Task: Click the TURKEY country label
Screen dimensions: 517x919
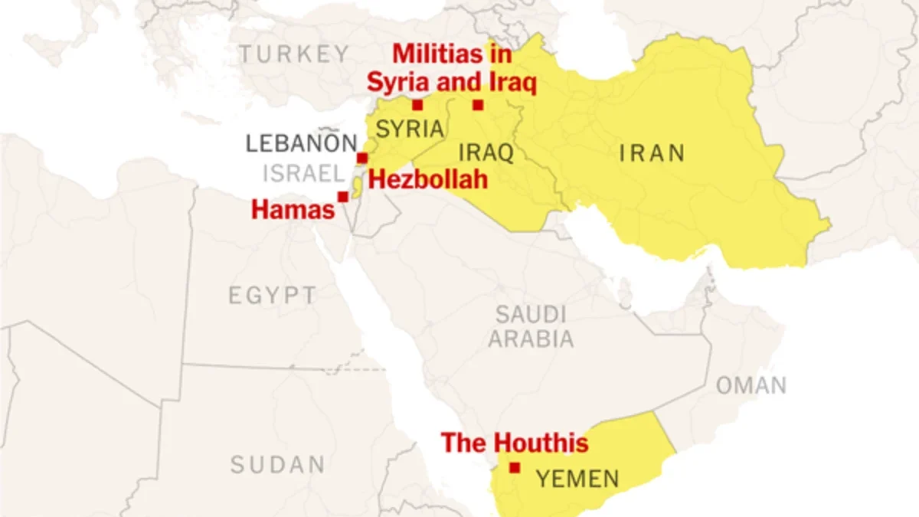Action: (x=293, y=54)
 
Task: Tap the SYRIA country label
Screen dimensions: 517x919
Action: (x=410, y=129)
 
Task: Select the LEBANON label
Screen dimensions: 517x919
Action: (x=301, y=143)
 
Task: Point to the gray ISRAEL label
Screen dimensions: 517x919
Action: (x=303, y=174)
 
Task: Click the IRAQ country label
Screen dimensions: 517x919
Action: (x=486, y=152)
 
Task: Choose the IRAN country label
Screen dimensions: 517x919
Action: (x=652, y=153)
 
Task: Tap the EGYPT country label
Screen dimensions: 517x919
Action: (x=272, y=296)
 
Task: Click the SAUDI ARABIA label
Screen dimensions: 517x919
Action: (x=531, y=326)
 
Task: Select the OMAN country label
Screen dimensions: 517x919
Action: (x=751, y=385)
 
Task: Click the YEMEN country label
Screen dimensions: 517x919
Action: (x=577, y=479)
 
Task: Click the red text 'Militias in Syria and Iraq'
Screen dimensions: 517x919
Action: (x=451, y=68)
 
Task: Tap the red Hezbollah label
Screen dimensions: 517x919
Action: (x=428, y=181)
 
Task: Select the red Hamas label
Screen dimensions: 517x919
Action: (x=293, y=209)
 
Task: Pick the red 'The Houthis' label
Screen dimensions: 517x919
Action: (x=515, y=443)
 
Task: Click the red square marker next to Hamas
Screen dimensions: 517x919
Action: (x=343, y=197)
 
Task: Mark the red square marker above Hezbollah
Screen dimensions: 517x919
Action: (x=362, y=158)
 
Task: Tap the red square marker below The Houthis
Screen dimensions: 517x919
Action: (x=515, y=467)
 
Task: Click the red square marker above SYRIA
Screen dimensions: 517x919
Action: (x=417, y=105)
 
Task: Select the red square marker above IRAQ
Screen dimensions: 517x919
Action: (x=478, y=105)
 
